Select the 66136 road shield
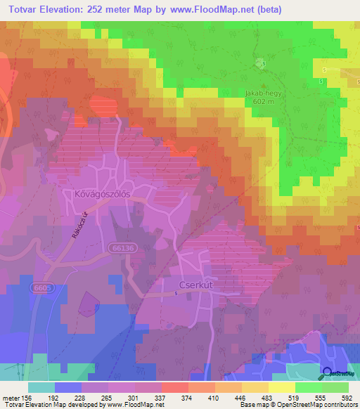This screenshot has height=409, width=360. pyautogui.click(x=123, y=247)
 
